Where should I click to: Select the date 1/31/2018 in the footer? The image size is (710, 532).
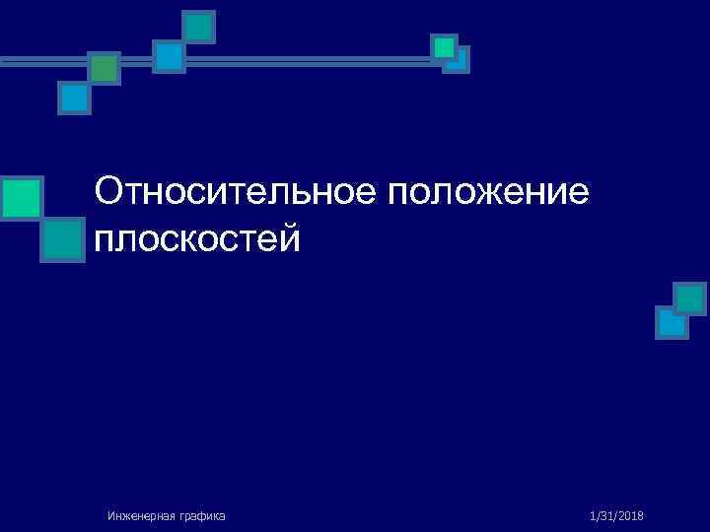click(x=615, y=515)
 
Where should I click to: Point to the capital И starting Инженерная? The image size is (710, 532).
click(x=111, y=515)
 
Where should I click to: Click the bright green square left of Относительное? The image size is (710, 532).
click(x=21, y=197)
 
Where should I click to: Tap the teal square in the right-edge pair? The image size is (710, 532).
click(x=689, y=298)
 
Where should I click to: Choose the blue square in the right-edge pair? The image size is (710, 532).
click(x=672, y=322)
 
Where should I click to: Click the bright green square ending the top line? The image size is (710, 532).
click(x=444, y=46)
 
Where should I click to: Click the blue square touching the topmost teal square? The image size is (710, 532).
click(x=169, y=55)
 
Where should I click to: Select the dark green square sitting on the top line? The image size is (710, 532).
click(x=104, y=68)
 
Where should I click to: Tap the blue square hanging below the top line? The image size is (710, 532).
click(x=74, y=98)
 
